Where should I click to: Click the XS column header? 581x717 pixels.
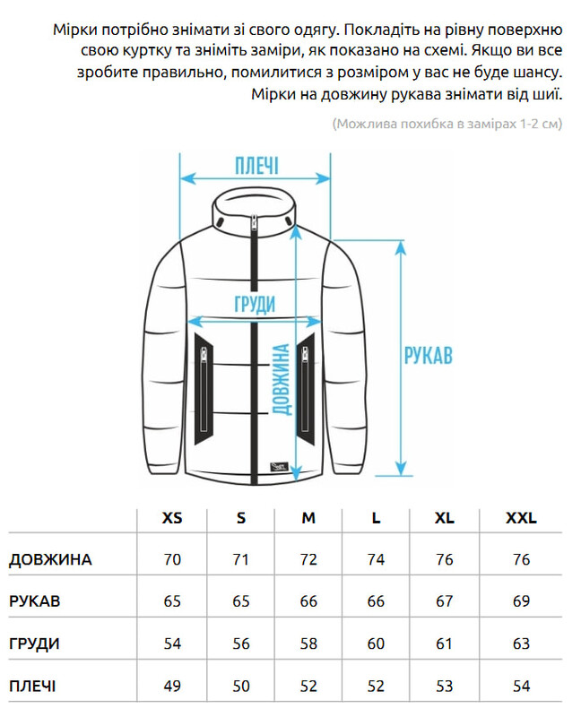[172, 518]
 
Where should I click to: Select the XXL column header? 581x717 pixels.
[521, 518]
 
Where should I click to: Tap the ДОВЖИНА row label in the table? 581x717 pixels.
[50, 560]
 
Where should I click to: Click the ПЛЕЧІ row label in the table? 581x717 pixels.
[32, 687]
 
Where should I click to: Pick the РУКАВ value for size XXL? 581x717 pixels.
[521, 601]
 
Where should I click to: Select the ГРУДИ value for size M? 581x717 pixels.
[308, 644]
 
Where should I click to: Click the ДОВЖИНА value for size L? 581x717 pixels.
[376, 560]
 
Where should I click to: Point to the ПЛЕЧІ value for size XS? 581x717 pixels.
[172, 687]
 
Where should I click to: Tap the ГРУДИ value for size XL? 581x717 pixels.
[444, 644]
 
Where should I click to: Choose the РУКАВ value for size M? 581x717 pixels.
[308, 601]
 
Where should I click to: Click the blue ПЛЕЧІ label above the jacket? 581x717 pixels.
[256, 166]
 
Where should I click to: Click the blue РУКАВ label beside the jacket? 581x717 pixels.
[428, 354]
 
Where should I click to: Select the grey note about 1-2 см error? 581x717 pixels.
[447, 124]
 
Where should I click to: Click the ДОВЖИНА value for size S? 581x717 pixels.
[240, 560]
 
